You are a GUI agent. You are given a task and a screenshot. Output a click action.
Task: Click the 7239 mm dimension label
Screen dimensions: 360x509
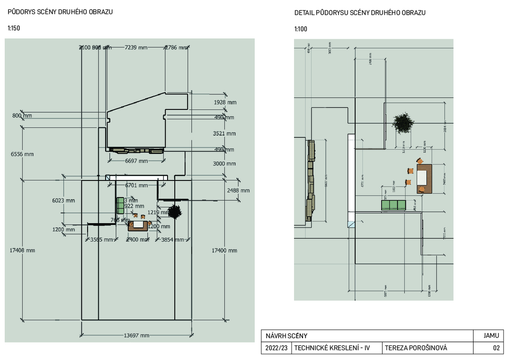[x=136, y=47]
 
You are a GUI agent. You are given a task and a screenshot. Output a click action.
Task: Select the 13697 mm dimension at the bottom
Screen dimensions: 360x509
[x=136, y=335]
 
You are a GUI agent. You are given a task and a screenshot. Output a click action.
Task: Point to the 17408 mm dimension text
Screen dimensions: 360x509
[x=23, y=250]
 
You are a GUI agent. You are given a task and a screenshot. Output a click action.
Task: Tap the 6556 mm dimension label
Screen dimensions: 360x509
[x=23, y=154]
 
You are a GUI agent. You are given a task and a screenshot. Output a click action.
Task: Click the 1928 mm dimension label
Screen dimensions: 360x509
[x=225, y=102]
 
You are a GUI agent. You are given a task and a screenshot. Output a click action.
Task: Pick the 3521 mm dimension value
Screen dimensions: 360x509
[x=224, y=134]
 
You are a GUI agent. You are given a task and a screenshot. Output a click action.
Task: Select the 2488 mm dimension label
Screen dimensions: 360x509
[x=238, y=190]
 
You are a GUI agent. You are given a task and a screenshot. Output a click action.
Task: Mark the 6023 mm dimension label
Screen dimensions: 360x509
[x=63, y=200]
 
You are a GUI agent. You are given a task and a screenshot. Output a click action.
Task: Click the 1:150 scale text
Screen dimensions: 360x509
[x=14, y=28]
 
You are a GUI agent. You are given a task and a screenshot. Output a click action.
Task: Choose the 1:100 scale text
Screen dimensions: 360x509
[x=301, y=29]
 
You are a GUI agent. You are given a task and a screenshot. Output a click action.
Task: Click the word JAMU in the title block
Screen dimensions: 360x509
[x=491, y=336]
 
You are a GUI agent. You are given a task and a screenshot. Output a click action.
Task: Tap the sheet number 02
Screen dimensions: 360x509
[x=496, y=348]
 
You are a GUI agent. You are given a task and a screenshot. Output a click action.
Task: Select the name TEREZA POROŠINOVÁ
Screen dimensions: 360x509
[x=416, y=348]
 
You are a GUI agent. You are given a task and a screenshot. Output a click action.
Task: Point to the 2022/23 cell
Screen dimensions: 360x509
[x=277, y=348]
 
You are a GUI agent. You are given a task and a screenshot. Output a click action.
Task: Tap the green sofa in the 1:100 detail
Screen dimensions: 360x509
[x=393, y=205]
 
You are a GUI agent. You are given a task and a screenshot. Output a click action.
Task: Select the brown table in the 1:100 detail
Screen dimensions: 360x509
[x=425, y=179]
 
